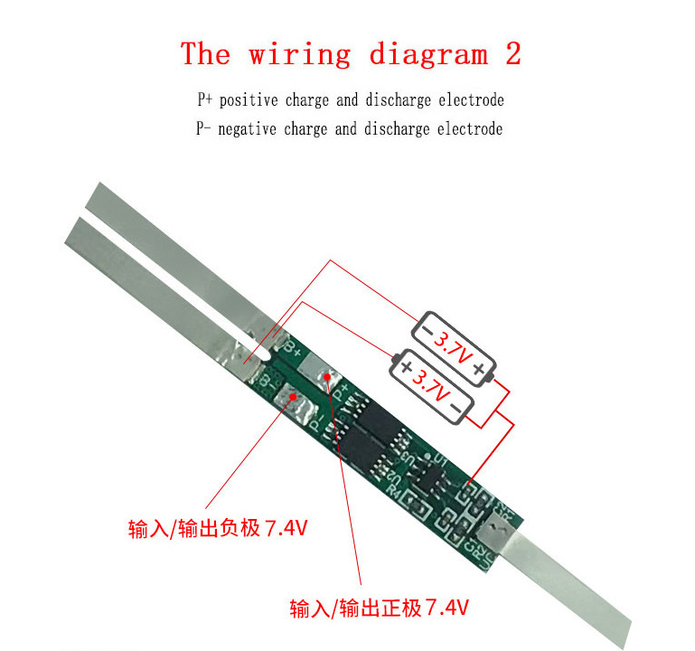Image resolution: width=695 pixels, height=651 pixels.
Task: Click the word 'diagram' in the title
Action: click(428, 55)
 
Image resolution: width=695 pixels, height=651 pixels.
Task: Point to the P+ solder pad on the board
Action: click(318, 370)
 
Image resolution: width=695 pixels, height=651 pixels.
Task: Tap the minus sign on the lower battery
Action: click(458, 411)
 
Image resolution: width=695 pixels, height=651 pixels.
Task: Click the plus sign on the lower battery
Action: click(406, 367)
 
